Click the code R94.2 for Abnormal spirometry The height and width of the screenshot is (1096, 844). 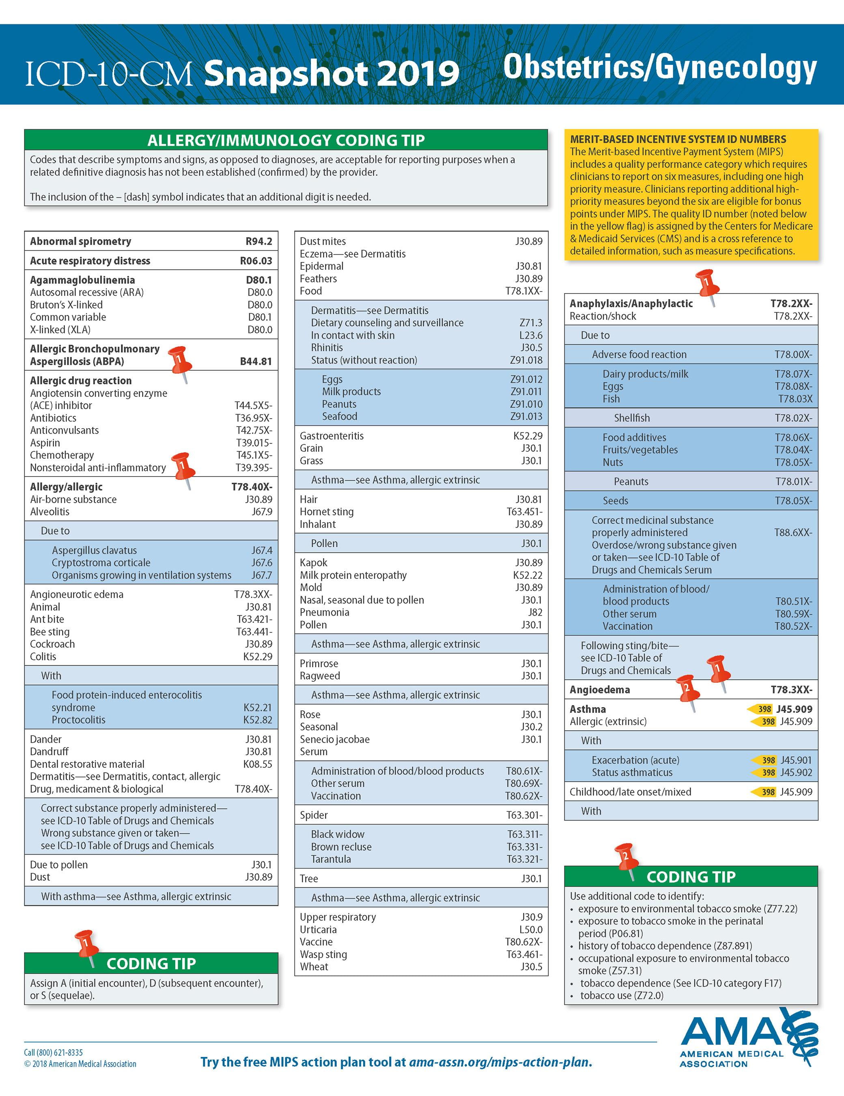tap(258, 242)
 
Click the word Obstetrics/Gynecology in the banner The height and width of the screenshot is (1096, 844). tap(660, 68)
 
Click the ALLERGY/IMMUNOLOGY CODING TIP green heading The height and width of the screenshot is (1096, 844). tap(286, 140)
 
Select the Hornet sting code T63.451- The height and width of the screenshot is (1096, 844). tap(524, 512)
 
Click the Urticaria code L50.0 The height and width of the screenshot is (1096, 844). tap(530, 930)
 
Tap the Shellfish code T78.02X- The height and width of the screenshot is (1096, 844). tap(793, 418)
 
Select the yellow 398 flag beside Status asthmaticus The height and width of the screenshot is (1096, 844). tap(765, 773)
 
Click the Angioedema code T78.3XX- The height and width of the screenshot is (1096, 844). tap(791, 690)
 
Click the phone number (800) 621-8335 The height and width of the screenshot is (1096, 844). tap(59, 1052)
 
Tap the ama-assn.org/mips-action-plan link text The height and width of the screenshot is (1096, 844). tap(500, 1062)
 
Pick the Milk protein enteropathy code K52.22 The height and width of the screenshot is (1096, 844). tap(527, 575)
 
